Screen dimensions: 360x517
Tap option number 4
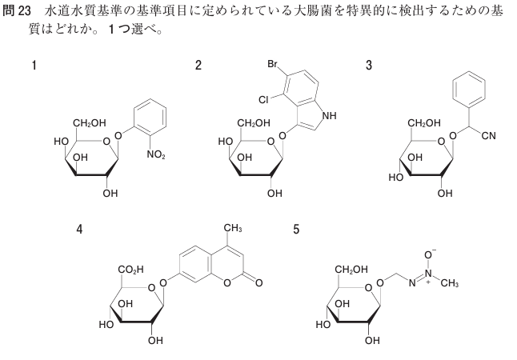coord(79,230)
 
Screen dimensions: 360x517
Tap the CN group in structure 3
coord(489,136)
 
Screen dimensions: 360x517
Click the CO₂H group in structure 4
coord(131,270)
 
